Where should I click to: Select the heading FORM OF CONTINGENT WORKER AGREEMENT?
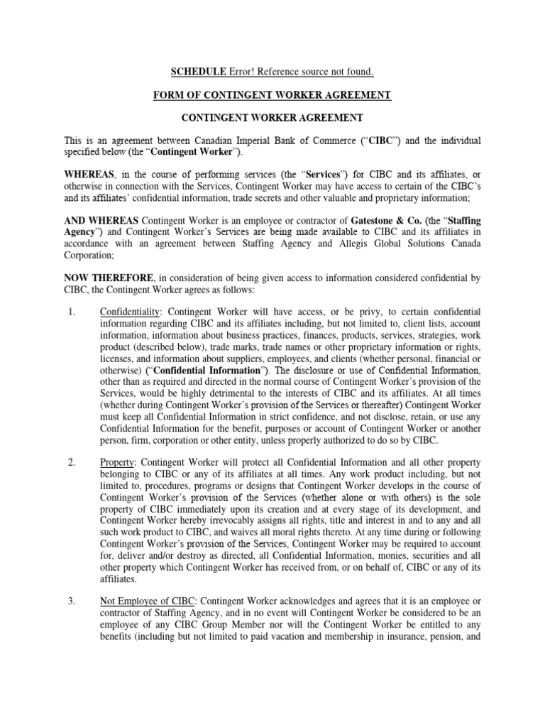[x=272, y=94]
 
